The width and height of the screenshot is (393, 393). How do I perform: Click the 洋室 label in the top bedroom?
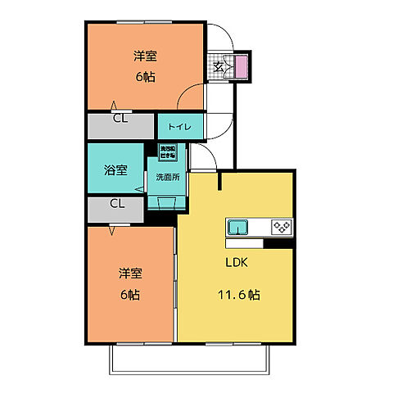pyautogui.click(x=145, y=56)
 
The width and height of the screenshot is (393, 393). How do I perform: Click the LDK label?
pyautogui.click(x=237, y=264)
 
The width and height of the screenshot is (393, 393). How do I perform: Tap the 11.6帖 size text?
pyautogui.click(x=238, y=294)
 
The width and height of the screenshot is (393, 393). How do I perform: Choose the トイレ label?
pyautogui.click(x=179, y=127)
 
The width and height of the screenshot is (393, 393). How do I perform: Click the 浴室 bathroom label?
pyautogui.click(x=115, y=171)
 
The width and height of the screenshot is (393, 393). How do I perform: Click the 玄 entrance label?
pyautogui.click(x=219, y=65)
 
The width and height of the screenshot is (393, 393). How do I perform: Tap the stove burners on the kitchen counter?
pyautogui.click(x=281, y=226)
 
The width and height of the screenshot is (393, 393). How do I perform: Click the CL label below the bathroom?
pyautogui.click(x=117, y=205)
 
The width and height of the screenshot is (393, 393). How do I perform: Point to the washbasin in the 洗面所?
pyautogui.click(x=166, y=204)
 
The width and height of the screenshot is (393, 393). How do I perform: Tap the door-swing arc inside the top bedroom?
pyautogui.click(x=188, y=94)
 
